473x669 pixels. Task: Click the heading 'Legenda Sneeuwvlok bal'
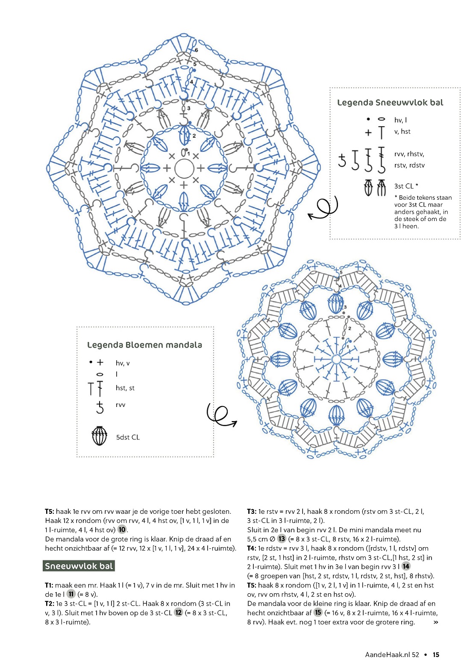[x=390, y=103]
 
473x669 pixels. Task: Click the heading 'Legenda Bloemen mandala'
[x=144, y=345]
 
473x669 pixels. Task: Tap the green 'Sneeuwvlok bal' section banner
[x=79, y=566]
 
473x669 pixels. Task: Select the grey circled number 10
[x=122, y=530]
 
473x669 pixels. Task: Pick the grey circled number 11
[x=71, y=594]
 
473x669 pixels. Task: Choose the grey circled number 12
[x=179, y=613]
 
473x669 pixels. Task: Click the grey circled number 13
[x=282, y=539]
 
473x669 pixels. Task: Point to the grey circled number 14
[x=406, y=567]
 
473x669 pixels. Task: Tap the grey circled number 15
[x=318, y=613]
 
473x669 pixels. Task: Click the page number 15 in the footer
[x=436, y=654]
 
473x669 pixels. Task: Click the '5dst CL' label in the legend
[x=128, y=437]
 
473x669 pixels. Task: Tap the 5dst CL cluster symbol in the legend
[x=100, y=436]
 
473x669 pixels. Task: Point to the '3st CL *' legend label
[x=406, y=186]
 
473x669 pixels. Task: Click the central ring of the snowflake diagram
[x=184, y=168]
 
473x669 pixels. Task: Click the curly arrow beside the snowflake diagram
[x=323, y=208]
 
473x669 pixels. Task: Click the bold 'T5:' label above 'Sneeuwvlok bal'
[x=50, y=511]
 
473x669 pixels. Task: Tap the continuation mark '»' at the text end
[x=435, y=622]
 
